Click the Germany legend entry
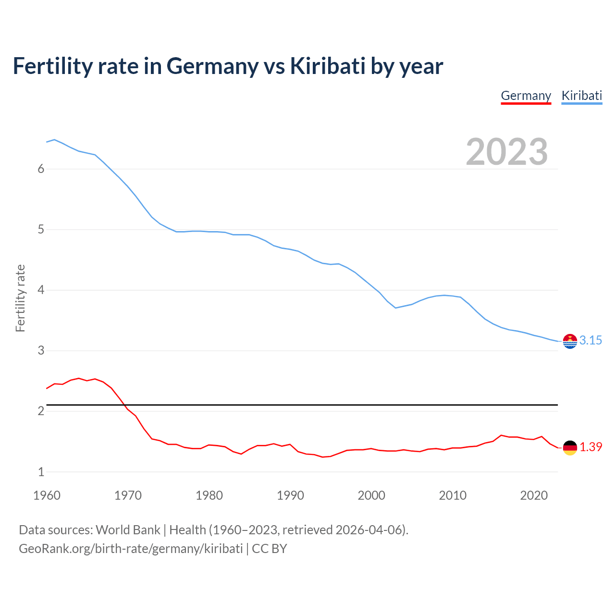click(526, 96)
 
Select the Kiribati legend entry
click(581, 96)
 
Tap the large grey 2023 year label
click(506, 152)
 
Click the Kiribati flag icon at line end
click(570, 341)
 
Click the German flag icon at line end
click(570, 447)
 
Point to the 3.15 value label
click(590, 340)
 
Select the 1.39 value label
click(590, 447)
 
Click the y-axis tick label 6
click(41, 169)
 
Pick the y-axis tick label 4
click(41, 290)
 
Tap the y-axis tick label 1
click(41, 472)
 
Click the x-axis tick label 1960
click(47, 495)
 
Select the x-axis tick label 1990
click(290, 495)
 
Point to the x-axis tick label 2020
click(534, 495)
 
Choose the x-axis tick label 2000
click(371, 495)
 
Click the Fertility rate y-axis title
click(20, 298)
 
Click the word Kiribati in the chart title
click(328, 66)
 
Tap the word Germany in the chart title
click(212, 66)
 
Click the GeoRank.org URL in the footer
click(131, 549)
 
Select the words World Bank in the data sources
click(128, 530)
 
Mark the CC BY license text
click(269, 549)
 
